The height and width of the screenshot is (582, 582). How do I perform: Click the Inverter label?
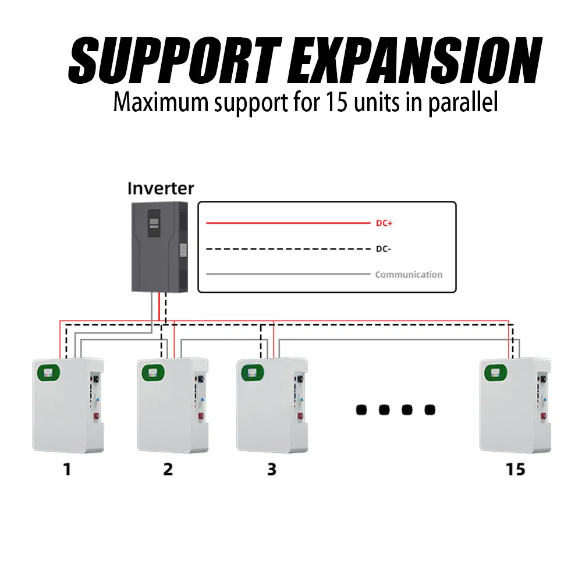tap(161, 189)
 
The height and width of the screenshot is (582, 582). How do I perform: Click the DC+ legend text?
tap(378, 223)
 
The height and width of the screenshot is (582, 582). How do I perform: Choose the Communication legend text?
tap(409, 274)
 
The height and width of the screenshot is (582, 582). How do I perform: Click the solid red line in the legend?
tap(288, 223)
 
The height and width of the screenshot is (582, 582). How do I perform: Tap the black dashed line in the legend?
tap(288, 249)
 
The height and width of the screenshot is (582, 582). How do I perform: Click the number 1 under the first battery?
tap(67, 469)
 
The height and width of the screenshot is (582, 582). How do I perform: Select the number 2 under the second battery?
tap(168, 469)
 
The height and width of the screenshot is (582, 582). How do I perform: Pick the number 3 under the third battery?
tap(271, 469)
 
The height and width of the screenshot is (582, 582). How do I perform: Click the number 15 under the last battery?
tap(515, 469)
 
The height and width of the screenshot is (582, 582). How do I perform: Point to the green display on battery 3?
tap(253, 372)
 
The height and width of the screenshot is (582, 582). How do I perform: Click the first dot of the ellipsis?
tap(361, 410)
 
